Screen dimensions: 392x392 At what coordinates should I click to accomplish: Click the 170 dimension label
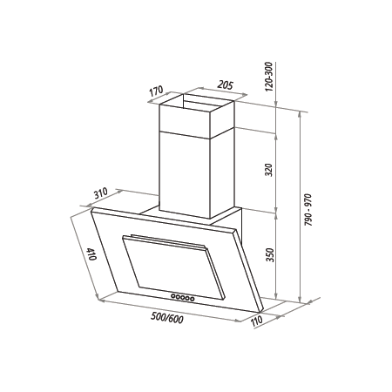pyautogui.click(x=157, y=91)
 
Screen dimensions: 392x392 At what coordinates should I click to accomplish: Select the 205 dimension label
pyautogui.click(x=225, y=85)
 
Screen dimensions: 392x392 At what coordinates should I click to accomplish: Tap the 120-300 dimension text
pyautogui.click(x=269, y=77)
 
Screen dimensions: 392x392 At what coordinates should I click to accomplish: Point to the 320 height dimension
pyautogui.click(x=269, y=170)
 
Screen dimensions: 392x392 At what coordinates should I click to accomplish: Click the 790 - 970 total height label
pyautogui.click(x=308, y=210)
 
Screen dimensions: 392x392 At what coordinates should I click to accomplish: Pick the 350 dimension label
pyautogui.click(x=270, y=255)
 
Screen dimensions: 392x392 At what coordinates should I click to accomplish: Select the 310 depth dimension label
pyautogui.click(x=100, y=193)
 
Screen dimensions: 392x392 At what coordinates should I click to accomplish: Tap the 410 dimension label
pyautogui.click(x=91, y=254)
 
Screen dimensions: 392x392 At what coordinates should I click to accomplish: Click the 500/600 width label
pyautogui.click(x=167, y=319)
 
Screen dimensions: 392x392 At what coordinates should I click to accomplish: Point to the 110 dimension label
pyautogui.click(x=256, y=321)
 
